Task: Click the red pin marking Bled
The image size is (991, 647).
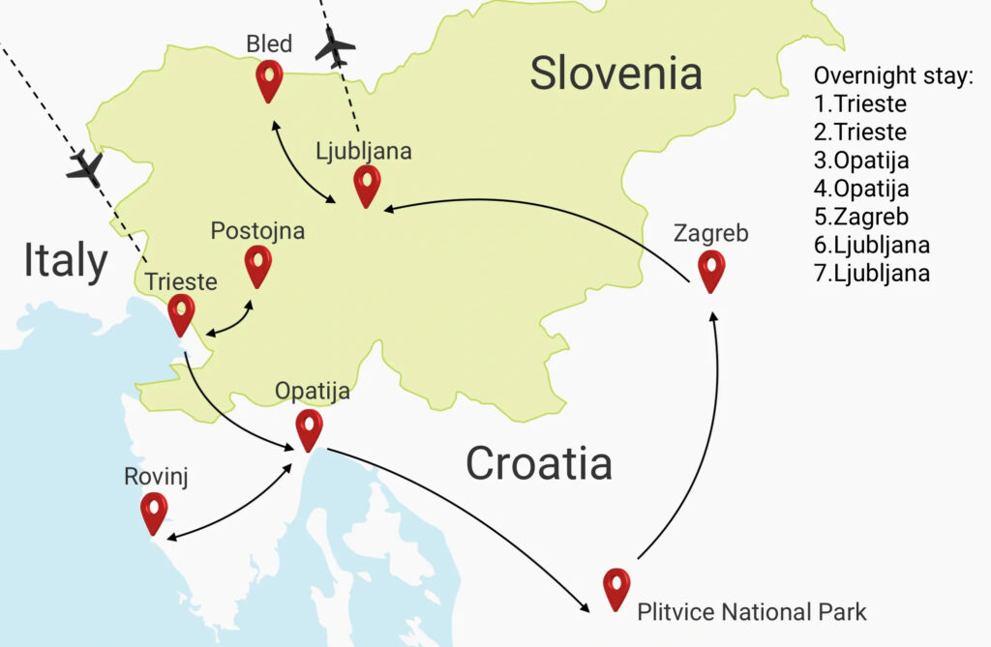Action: [x=269, y=79]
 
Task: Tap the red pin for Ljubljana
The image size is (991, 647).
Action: [x=367, y=185]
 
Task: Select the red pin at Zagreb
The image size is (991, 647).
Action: [x=711, y=270]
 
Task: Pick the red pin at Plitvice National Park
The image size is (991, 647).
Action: [x=616, y=587]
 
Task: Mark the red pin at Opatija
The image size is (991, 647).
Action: [x=309, y=428]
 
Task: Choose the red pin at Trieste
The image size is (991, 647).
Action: [x=181, y=313]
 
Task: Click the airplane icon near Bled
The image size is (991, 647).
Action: [x=336, y=48]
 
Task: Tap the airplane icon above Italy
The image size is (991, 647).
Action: [x=85, y=167]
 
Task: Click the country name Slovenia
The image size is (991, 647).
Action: [x=616, y=74]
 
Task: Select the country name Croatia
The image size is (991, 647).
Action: [x=538, y=463]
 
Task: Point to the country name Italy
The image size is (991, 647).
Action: [x=65, y=261]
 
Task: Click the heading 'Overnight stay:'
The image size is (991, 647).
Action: [x=892, y=76]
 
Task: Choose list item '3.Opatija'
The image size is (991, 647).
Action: [x=861, y=161]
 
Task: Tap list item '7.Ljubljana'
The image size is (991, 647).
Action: [x=872, y=273]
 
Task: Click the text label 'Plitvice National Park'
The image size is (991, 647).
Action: [x=752, y=611]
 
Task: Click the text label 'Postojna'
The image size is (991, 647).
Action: [x=257, y=231]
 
